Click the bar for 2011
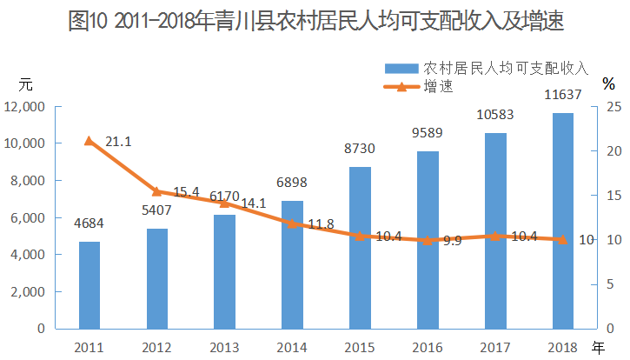(90, 285)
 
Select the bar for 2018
(562, 221)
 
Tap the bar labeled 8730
(360, 248)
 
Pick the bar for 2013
(224, 271)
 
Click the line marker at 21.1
(90, 141)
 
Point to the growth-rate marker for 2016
(428, 240)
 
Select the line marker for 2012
(157, 191)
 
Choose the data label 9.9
(452, 241)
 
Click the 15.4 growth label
(186, 192)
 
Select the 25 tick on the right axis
(613, 107)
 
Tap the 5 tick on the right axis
(611, 284)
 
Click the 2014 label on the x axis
(292, 347)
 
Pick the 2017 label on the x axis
(494, 347)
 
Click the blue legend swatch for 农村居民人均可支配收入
(401, 68)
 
